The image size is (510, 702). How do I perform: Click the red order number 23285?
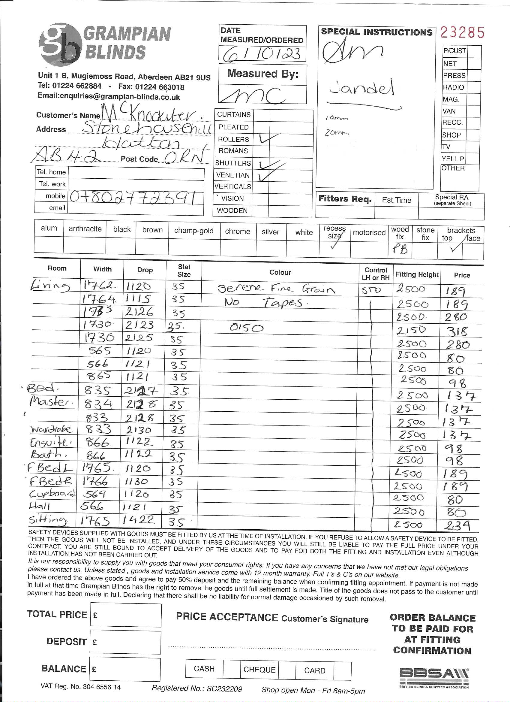[462, 32]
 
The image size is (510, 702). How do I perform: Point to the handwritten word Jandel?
[361, 88]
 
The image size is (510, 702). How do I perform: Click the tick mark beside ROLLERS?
[269, 138]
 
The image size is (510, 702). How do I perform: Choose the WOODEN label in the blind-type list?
[232, 211]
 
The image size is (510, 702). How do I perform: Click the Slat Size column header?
[184, 271]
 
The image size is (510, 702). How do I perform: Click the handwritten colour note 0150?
[247, 328]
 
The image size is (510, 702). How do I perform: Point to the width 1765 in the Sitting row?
[95, 522]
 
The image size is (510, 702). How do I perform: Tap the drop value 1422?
[138, 520]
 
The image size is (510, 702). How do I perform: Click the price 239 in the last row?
[457, 525]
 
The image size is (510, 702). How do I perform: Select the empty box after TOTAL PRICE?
[126, 615]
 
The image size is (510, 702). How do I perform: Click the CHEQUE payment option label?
[259, 670]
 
